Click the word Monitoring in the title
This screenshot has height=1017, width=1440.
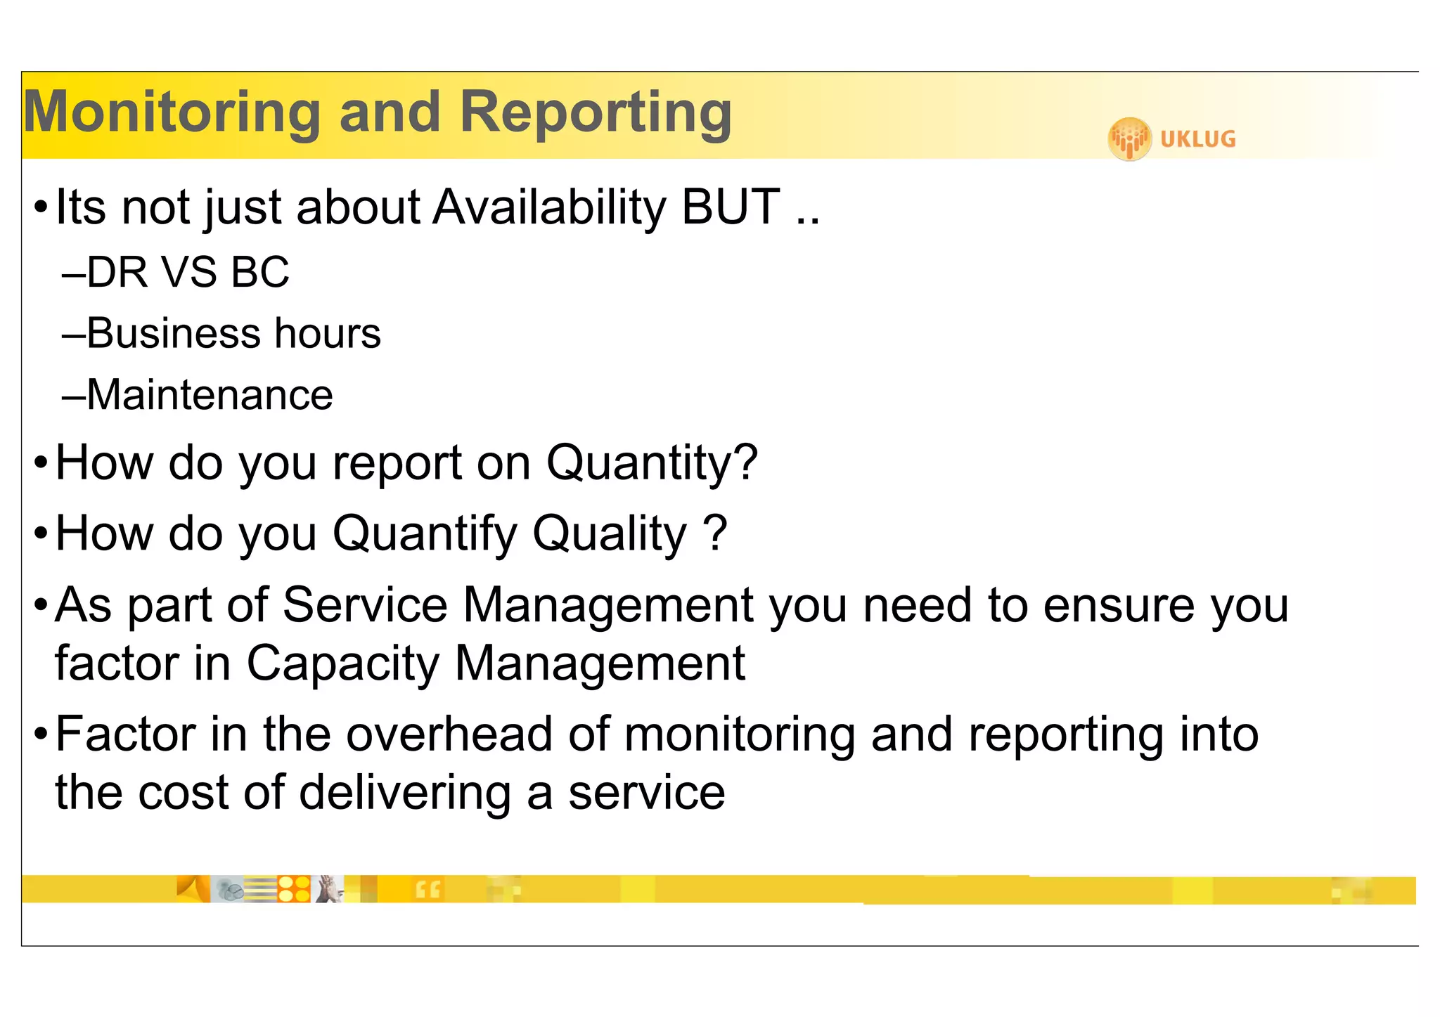pos(172,112)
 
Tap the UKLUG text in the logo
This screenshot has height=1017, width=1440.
pos(1197,139)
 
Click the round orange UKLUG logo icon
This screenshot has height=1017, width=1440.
pos(1129,138)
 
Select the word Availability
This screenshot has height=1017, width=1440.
pos(549,207)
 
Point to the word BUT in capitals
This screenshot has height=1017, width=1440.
pos(731,207)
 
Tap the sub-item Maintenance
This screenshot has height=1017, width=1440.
pos(209,395)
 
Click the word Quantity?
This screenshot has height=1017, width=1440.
pos(652,464)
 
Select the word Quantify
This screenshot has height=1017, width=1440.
pos(424,534)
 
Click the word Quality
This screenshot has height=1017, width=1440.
pos(610,534)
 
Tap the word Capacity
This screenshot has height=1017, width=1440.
pos(342,663)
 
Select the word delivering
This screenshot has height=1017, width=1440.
pos(404,793)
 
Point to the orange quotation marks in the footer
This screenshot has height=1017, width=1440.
pos(427,890)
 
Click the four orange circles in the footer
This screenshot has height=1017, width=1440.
pos(294,889)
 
